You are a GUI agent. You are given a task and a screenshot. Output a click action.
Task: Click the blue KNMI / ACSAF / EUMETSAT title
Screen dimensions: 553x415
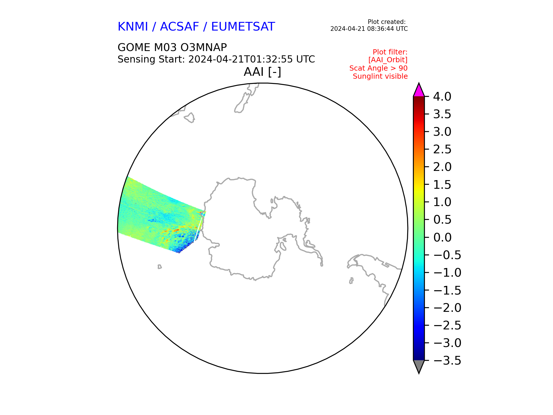click(196, 27)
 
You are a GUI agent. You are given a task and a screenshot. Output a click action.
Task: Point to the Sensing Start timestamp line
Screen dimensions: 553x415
click(216, 59)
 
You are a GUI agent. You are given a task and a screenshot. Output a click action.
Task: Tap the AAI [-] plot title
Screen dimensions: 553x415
click(262, 72)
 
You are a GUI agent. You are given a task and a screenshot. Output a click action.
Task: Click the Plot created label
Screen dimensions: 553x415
click(387, 22)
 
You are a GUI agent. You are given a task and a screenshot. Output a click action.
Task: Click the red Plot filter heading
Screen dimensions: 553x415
click(390, 52)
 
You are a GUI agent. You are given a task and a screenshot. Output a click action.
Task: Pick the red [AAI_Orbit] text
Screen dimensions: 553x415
click(388, 60)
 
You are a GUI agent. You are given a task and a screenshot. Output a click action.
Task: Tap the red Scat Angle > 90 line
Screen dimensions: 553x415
click(378, 68)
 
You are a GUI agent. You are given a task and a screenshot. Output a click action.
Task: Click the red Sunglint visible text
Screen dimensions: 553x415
click(380, 76)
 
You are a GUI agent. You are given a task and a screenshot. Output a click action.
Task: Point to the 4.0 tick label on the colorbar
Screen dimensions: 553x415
click(442, 97)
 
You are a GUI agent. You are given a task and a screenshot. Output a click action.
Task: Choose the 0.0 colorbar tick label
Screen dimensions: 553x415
click(442, 238)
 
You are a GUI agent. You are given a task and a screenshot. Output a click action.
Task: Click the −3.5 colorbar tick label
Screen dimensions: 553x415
click(447, 361)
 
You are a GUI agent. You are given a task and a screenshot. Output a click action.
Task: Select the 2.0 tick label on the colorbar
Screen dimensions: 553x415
click(442, 167)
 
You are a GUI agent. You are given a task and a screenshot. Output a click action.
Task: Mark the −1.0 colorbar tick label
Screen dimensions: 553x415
click(447, 273)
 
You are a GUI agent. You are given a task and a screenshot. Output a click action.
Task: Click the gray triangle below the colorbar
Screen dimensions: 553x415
click(419, 366)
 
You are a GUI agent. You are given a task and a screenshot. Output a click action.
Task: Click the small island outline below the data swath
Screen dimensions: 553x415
click(160, 267)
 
